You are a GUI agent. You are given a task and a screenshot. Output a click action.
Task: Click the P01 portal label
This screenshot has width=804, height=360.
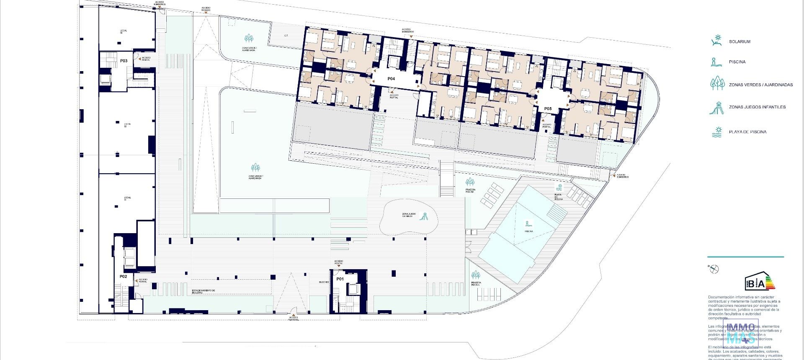pyautogui.click(x=340, y=279)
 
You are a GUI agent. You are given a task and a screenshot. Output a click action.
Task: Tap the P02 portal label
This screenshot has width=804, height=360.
pyautogui.click(x=123, y=276)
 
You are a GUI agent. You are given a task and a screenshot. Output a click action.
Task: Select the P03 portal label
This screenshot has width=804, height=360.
pyautogui.click(x=124, y=61)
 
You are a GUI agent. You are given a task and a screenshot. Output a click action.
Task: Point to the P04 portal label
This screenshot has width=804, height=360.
pyautogui.click(x=391, y=79)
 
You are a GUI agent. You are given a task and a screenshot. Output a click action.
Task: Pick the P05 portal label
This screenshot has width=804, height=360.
pyautogui.click(x=548, y=109)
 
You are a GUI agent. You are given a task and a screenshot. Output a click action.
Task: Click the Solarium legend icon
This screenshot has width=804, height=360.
pyautogui.click(x=717, y=41)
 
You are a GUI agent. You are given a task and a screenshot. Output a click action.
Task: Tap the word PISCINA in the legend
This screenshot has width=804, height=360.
pyautogui.click(x=737, y=62)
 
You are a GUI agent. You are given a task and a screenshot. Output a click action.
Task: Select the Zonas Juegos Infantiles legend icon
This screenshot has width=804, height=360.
pyautogui.click(x=717, y=107)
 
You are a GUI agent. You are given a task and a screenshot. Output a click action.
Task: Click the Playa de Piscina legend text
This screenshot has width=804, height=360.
pyautogui.click(x=747, y=132)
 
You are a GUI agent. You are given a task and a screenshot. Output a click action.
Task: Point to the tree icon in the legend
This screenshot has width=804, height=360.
pyautogui.click(x=717, y=84)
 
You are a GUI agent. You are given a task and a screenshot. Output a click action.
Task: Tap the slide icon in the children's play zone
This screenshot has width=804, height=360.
pyautogui.click(x=424, y=216)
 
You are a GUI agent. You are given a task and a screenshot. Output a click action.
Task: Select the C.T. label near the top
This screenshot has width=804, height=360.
pyautogui.click(x=286, y=36)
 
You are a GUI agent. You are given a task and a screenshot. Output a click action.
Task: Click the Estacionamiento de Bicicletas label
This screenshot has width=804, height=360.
pyautogui.click(x=204, y=291)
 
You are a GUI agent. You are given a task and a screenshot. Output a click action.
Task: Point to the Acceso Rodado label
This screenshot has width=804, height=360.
pyautogui.click(x=206, y=9)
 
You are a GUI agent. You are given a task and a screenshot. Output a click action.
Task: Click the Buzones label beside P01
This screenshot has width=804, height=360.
pyautogui.click(x=324, y=282)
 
